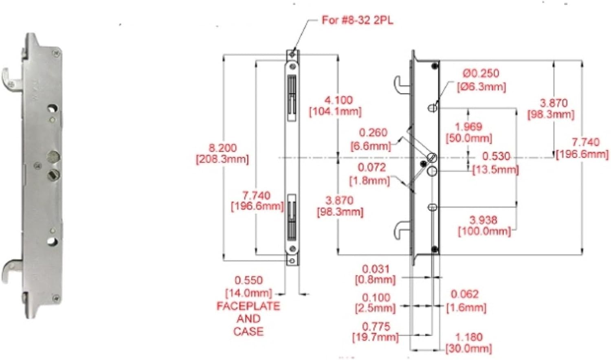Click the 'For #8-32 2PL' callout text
pyautogui.click(x=358, y=20)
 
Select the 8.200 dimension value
pyautogui.click(x=222, y=148)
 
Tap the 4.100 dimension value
pyautogui.click(x=338, y=100)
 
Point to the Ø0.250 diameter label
pyautogui.click(x=481, y=73)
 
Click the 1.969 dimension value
pyautogui.click(x=468, y=127)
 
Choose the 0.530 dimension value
pyautogui.click(x=496, y=156)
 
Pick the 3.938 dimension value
pyautogui.click(x=484, y=220)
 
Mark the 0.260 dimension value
pyautogui.click(x=373, y=133)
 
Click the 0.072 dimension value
pyautogui.click(x=372, y=167)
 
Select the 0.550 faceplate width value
pyautogui.click(x=249, y=280)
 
